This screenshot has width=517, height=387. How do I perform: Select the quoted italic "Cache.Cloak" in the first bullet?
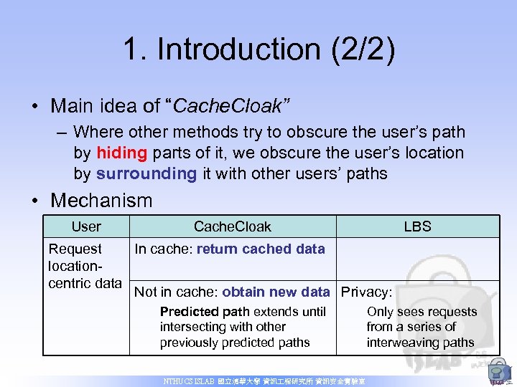pyautogui.click(x=228, y=106)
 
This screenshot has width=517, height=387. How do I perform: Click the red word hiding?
pyautogui.click(x=121, y=153)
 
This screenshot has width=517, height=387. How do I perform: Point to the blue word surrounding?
pyautogui.click(x=146, y=173)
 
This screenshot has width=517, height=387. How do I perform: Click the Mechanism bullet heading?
pyautogui.click(x=101, y=200)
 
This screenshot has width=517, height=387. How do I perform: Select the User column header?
pyautogui.click(x=86, y=226)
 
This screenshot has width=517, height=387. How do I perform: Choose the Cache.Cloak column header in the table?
pyautogui.click(x=232, y=226)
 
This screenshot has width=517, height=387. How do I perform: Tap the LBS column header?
pyautogui.click(x=417, y=226)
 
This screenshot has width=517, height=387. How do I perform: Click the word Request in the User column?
pyautogui.click(x=75, y=249)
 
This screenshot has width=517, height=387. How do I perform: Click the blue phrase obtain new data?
pyautogui.click(x=276, y=292)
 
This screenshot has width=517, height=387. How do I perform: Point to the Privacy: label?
pyautogui.click(x=366, y=292)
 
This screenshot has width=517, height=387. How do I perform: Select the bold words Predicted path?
pyautogui.click(x=205, y=312)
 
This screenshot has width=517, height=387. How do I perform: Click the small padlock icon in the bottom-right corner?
pyautogui.click(x=497, y=372)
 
